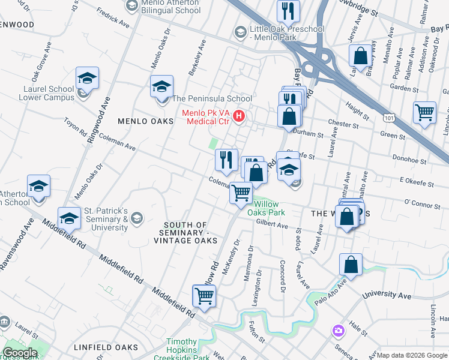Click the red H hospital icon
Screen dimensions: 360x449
240,115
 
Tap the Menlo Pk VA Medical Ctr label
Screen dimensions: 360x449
208,116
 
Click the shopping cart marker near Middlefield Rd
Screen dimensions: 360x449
204,296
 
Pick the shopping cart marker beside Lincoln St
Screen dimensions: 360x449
424,112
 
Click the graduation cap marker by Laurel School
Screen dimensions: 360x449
87,79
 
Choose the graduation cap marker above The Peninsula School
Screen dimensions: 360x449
161,87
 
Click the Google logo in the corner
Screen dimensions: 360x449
19,353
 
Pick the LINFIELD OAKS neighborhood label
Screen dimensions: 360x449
106,347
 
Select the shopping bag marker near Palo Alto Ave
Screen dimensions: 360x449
351,265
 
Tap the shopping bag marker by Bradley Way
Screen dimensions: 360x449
361,56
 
